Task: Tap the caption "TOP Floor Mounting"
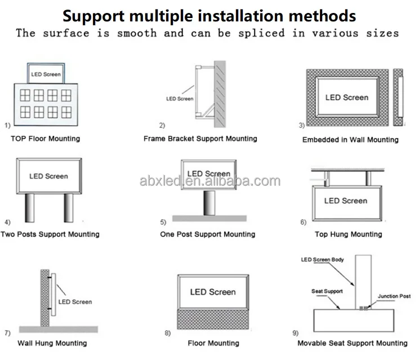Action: point(46,139)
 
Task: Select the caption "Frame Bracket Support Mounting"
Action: point(200,139)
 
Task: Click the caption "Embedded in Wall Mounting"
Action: point(350,140)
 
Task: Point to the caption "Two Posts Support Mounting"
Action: point(50,234)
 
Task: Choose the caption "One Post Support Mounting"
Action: point(207,234)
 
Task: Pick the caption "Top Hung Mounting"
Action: point(348,234)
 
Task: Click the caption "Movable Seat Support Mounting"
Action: point(353,343)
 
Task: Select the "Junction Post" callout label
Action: point(394,296)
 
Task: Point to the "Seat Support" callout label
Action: point(327,291)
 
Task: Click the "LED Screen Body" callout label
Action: point(322,260)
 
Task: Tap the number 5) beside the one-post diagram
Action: point(163,222)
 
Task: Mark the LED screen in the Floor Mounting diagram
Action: point(212,291)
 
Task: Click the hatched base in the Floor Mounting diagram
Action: point(212,320)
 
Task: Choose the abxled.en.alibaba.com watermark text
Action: point(210,181)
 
